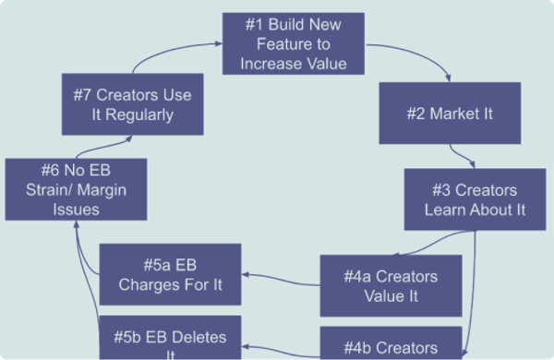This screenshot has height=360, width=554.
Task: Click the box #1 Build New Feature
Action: [293, 43]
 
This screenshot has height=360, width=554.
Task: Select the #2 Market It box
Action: [449, 113]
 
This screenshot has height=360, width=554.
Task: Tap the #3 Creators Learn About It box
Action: [474, 199]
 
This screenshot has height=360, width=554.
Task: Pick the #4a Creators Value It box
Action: [391, 286]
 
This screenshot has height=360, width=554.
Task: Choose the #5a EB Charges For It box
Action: [170, 274]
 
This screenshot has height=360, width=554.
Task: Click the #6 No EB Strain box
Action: [75, 189]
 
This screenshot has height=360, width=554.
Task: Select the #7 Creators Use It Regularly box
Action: [132, 104]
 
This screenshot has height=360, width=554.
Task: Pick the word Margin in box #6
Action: [98, 189]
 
